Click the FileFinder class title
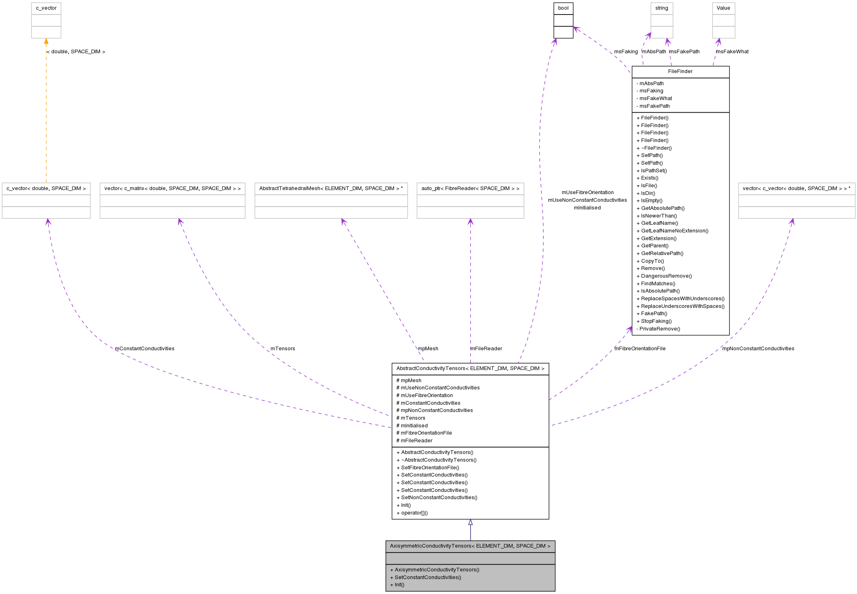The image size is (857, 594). pos(680,71)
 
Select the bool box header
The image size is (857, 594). pos(563,8)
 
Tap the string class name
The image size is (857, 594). pos(661,8)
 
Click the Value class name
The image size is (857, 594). pos(723,8)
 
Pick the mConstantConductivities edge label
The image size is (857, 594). pos(144,349)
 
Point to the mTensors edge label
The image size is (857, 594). pos(283,349)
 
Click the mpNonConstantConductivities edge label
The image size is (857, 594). pos(758,349)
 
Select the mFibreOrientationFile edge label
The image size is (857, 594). pos(640,349)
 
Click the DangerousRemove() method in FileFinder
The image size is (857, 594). pos(666,276)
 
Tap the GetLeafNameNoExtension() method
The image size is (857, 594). pos(674,231)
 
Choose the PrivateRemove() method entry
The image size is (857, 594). pos(659,329)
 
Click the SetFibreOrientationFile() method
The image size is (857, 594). pos(430,468)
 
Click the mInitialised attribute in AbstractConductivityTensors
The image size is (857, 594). pos(414,426)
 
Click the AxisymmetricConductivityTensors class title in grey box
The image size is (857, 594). pos(470,546)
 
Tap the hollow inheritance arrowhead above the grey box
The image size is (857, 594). pos(470,522)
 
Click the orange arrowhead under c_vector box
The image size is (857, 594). pos(46,41)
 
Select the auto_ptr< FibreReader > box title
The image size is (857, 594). pos(470,188)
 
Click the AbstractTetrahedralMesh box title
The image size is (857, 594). pos(331,188)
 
